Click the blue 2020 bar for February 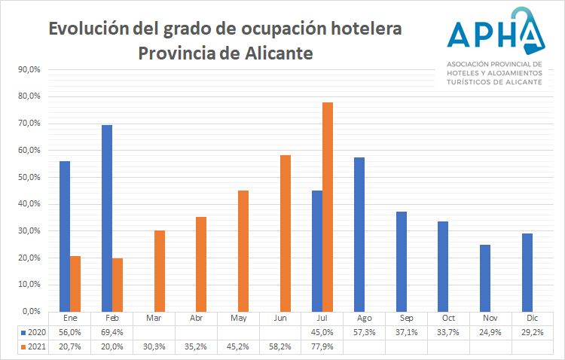click(x=107, y=218)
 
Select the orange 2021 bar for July click(x=328, y=207)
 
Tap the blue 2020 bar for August click(x=359, y=234)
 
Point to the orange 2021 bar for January click(x=75, y=283)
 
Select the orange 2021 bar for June click(x=286, y=233)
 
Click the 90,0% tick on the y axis click(x=28, y=70)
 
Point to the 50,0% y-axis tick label click(x=28, y=178)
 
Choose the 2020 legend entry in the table click(x=35, y=332)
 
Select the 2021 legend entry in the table click(x=35, y=346)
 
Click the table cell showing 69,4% click(x=112, y=332)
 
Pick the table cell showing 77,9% click(x=322, y=346)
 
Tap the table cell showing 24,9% click(x=490, y=332)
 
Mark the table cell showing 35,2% click(x=196, y=346)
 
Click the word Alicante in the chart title click(x=272, y=54)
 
